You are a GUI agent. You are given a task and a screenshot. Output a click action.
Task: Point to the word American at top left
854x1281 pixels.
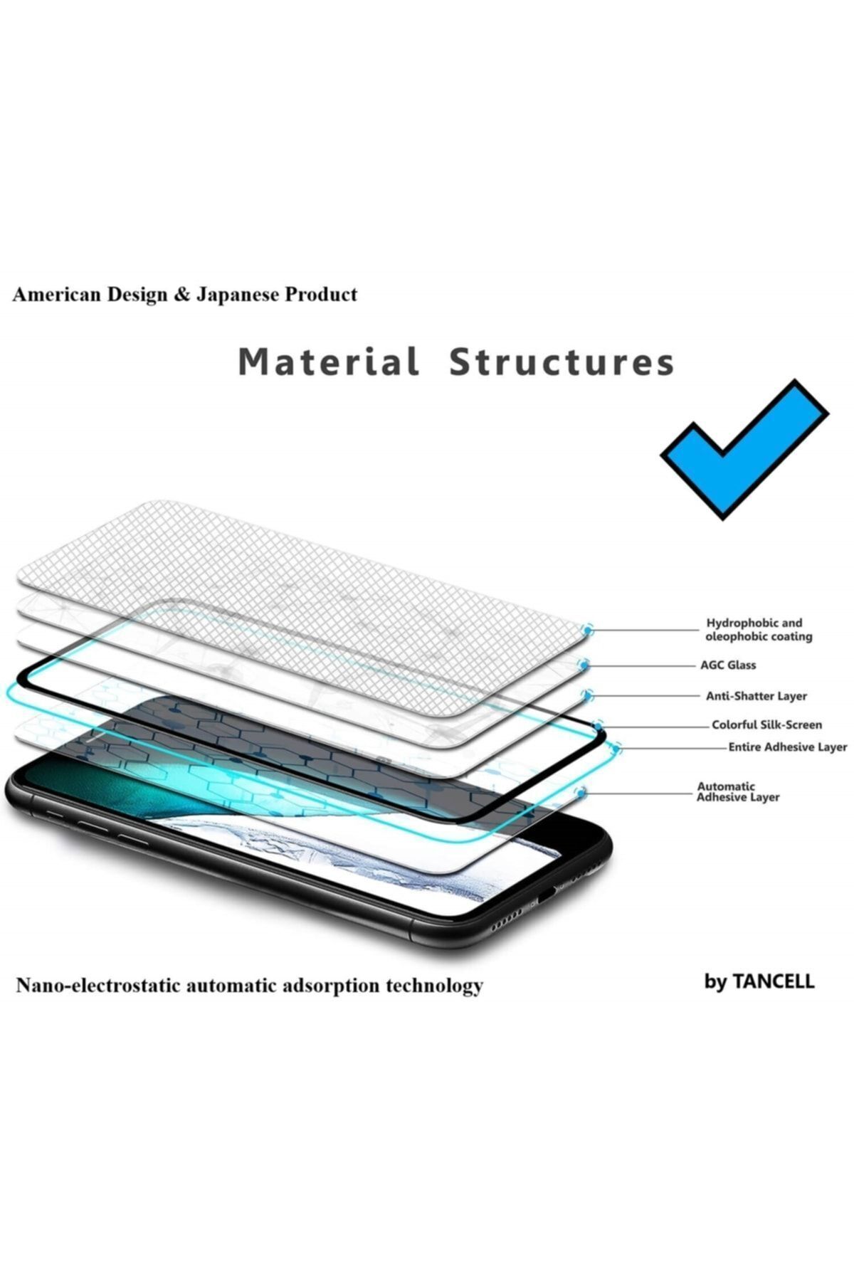[x=58, y=295]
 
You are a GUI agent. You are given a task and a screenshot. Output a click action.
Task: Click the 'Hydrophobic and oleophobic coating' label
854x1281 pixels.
[x=759, y=630]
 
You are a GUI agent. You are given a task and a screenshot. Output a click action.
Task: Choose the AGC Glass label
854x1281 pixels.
[x=728, y=665]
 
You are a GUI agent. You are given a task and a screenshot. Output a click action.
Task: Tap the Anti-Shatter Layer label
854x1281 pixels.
[x=757, y=696]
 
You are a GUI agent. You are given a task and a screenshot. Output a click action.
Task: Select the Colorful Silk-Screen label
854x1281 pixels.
[x=767, y=725]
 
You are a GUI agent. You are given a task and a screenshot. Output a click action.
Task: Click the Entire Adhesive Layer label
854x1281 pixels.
[x=788, y=747]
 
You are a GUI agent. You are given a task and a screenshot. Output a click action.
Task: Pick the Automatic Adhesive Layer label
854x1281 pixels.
[x=738, y=792]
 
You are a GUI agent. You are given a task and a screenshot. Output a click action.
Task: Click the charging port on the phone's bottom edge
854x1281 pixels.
[x=545, y=896]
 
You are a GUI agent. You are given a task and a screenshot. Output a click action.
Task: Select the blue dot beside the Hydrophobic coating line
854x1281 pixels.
[x=587, y=629]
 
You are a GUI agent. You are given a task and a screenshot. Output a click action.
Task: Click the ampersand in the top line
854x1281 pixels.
[x=181, y=295]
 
